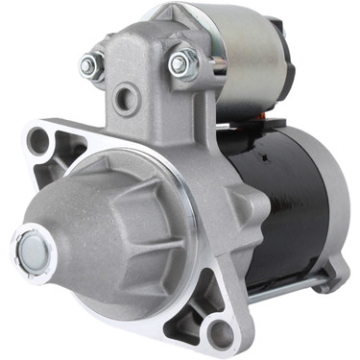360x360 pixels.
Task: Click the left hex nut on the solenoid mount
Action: pos(92,65)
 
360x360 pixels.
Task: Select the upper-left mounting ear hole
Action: pos(39,141)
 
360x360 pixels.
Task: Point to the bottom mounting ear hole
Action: pos(220,333)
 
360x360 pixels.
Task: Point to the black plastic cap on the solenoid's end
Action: pos(288,58)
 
